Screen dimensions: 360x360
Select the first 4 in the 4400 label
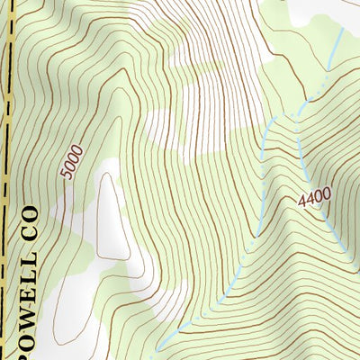(300, 200)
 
